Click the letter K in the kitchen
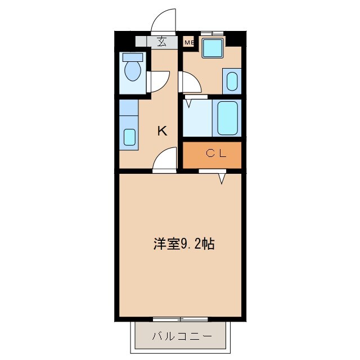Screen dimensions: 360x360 pyautogui.click(x=162, y=131)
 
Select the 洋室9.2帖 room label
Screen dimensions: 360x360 pyautogui.click(x=183, y=244)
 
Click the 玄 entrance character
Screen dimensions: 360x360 pyautogui.click(x=162, y=41)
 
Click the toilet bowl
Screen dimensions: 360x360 pyautogui.click(x=133, y=71)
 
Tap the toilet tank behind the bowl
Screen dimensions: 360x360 pyautogui.click(x=133, y=57)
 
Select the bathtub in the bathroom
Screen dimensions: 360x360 pyautogui.click(x=227, y=118)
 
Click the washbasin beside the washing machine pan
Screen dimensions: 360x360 pyautogui.click(x=232, y=81)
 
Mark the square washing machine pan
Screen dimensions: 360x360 pyautogui.click(x=213, y=48)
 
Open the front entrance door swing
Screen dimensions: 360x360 pyautogui.click(x=164, y=20)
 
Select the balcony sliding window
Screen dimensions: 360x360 pyautogui.click(x=180, y=319)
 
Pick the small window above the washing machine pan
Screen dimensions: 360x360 pyautogui.click(x=212, y=33)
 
